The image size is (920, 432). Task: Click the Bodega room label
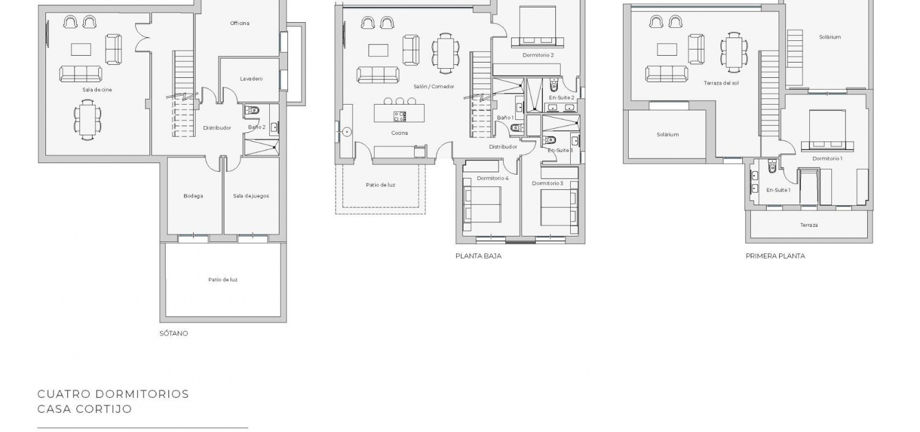click(193, 196)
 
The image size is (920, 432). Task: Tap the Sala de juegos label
click(251, 196)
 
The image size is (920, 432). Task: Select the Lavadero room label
click(252, 79)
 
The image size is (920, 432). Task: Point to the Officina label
click(240, 23)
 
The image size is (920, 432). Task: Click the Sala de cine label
click(97, 90)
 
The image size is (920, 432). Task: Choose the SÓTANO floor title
click(174, 333)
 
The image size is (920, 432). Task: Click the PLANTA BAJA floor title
click(479, 256)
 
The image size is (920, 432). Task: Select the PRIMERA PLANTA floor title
click(775, 256)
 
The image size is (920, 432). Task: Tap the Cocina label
click(400, 133)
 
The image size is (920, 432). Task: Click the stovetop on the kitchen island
click(400, 117)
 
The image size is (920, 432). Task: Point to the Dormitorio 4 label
click(493, 178)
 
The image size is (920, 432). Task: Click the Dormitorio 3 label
click(547, 184)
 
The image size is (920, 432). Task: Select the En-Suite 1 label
click(778, 190)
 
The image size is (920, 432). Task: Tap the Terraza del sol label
click(721, 83)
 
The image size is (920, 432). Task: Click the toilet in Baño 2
click(252, 110)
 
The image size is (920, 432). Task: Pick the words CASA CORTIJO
click(85, 409)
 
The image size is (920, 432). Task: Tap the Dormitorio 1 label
click(827, 159)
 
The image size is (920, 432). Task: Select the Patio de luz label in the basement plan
click(223, 280)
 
